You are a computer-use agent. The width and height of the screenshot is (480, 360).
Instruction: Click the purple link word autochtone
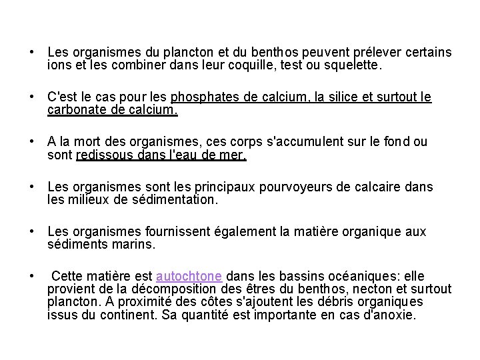(190, 277)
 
